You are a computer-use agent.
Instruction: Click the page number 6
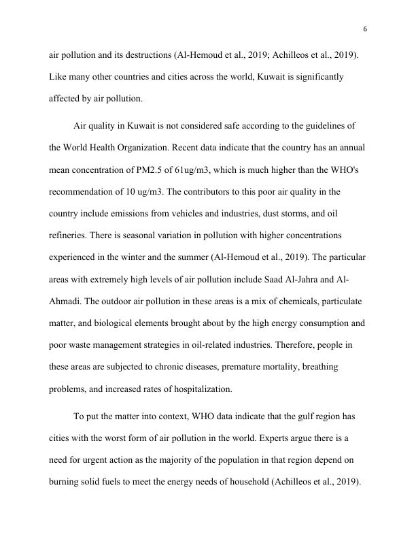point(365,29)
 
